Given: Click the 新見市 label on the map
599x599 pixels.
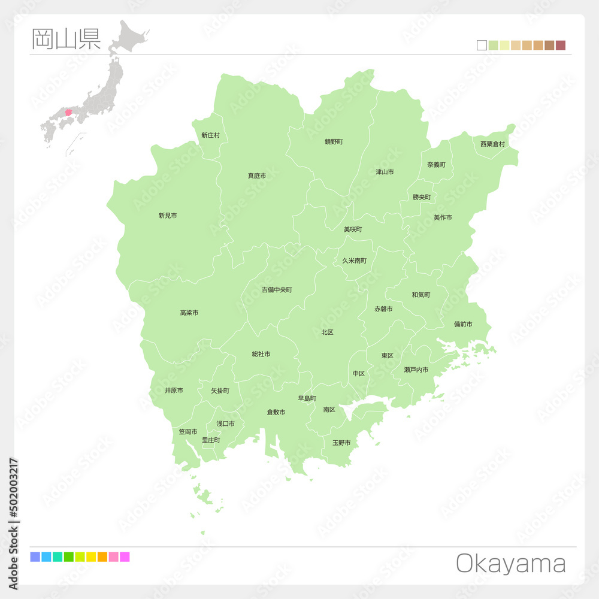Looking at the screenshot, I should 168,216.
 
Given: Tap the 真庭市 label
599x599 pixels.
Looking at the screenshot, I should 257,176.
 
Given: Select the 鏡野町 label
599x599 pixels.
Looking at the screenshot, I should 334,142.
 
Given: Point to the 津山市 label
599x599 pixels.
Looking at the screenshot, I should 385,172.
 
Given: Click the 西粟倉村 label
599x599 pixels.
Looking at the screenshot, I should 492,144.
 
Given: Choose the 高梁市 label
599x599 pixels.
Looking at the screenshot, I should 189,313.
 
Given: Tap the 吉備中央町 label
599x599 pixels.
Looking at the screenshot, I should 277,290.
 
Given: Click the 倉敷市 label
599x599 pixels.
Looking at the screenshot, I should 276,412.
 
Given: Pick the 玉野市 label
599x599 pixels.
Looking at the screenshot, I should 341,443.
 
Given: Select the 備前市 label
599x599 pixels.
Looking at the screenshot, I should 463,324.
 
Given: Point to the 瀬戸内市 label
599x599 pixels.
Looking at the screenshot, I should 416,370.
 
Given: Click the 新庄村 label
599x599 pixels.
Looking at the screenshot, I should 210,135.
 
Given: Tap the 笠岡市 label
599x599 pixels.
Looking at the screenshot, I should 188,431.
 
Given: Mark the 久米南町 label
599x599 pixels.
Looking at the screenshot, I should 355,261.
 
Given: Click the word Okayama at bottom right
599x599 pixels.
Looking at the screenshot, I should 511,564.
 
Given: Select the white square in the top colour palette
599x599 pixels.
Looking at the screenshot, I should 482,46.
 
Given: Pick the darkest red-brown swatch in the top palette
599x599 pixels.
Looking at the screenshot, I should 561,46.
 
